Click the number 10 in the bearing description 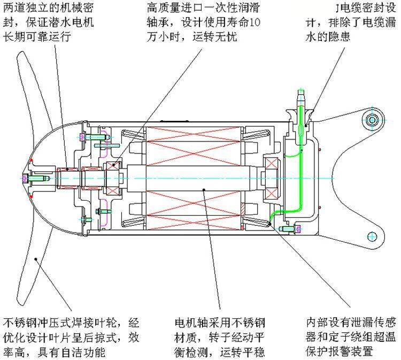pos(255,22)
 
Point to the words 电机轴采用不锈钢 pos(220,323)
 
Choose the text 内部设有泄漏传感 pos(351,323)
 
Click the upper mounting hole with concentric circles pos(372,120)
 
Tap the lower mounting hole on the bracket pos(372,236)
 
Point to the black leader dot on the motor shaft pos(204,189)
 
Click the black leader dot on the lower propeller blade pos(36,259)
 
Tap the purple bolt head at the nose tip pos(25,178)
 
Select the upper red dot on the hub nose pos(31,160)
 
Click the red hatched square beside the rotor pos(242,210)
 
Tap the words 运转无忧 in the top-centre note pos(215,37)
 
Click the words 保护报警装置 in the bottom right pos(340,351)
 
